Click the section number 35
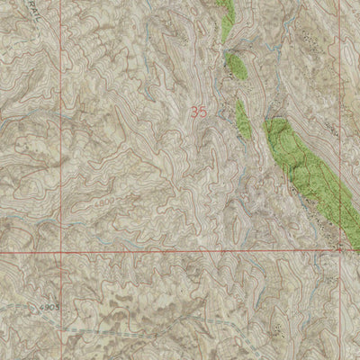[x=203, y=112]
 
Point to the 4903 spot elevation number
[x=49, y=307]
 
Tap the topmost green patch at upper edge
[x=227, y=18]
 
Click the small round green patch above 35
[x=236, y=65]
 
